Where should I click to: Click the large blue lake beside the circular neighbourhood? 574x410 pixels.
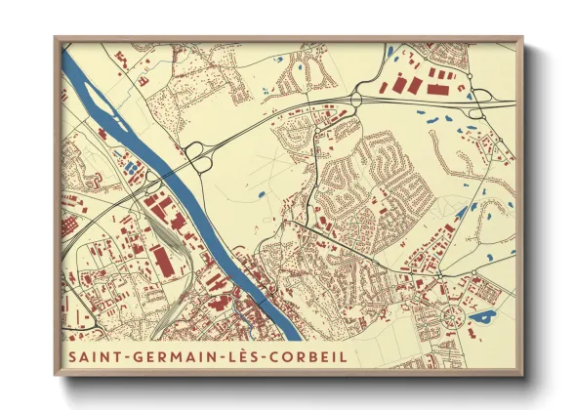click(481, 317)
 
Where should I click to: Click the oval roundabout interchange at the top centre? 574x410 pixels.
click(355, 98)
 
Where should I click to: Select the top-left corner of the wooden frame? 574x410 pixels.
click(56, 38)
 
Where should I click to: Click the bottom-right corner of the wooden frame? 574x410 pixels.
click(521, 374)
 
